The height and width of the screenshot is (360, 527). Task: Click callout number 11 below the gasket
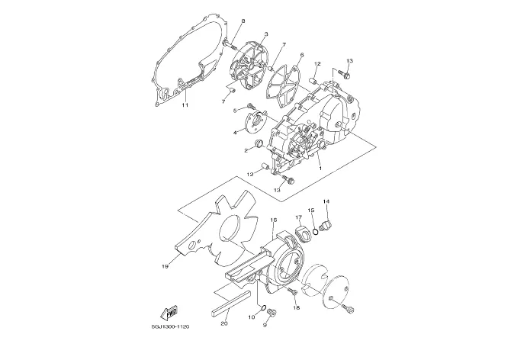[x=185, y=106]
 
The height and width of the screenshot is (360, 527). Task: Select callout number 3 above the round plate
[x=265, y=34]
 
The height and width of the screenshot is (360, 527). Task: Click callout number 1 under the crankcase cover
[x=320, y=168]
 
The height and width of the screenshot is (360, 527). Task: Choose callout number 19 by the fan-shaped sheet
[x=164, y=267]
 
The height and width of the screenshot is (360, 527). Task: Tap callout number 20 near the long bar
[x=223, y=323]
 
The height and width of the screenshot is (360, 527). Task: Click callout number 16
[x=272, y=220]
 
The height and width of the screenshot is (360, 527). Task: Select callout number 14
[x=326, y=201]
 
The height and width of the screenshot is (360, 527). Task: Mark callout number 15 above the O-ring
[x=311, y=210]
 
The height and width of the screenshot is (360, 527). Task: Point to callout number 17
[x=298, y=217]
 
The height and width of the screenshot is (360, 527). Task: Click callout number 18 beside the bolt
[x=297, y=308]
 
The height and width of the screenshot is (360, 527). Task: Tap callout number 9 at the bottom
[x=265, y=325]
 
